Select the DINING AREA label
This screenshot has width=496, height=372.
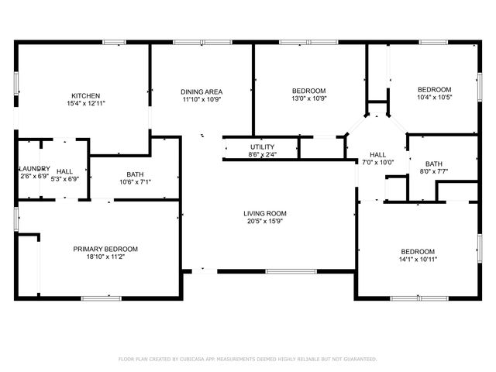tap(201, 91)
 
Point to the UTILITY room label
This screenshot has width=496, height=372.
tap(261, 146)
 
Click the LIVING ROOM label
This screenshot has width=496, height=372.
tap(265, 213)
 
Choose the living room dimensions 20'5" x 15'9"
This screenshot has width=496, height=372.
tap(265, 222)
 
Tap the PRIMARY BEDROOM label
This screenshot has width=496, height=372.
tap(105, 249)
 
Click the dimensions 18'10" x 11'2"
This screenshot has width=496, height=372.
tap(105, 257)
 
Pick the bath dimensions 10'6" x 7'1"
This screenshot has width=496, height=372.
tap(136, 183)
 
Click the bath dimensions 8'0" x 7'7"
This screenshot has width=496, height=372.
tap(433, 171)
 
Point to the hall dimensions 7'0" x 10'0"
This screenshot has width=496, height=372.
tap(378, 163)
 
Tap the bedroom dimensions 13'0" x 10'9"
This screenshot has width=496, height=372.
tap(308, 99)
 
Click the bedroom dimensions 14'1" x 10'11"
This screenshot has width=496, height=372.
tap(418, 260)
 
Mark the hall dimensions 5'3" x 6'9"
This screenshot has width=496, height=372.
tap(65, 177)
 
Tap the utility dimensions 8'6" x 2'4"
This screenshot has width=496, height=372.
tap(261, 154)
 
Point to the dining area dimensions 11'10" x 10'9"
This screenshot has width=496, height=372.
tap(201, 99)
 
